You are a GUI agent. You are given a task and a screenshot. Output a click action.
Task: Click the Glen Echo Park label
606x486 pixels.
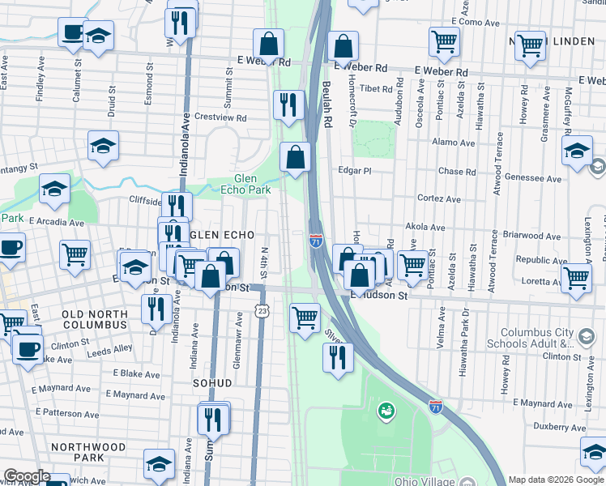(245, 184)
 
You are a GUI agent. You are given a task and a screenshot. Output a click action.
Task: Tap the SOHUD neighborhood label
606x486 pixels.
(212, 382)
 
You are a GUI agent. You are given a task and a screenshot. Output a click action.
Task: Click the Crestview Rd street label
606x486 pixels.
(220, 117)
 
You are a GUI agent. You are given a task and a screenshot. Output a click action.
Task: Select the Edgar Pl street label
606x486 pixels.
(355, 171)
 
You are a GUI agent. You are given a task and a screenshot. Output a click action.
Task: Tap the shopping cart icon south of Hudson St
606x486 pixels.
(305, 317)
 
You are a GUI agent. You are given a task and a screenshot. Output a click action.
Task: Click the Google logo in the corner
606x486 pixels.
(26, 476)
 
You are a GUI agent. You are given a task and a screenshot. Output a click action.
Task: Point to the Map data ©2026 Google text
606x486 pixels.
(556, 480)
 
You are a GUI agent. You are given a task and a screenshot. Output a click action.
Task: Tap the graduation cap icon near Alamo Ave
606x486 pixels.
(578, 151)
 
